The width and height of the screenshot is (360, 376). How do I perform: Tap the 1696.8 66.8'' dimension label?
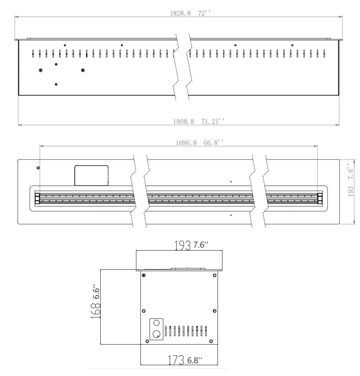pyautogui.click(x=198, y=143)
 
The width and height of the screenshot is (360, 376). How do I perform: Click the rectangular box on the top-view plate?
pyautogui.click(x=91, y=175)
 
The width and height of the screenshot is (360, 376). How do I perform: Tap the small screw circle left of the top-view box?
pyautogui.click(x=38, y=168)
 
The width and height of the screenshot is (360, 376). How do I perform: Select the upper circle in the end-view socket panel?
pyautogui.click(x=156, y=323)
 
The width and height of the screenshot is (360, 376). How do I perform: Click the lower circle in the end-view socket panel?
pyautogui.click(x=156, y=333)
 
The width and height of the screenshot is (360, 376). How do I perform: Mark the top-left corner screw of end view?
pyautogui.click(x=144, y=275)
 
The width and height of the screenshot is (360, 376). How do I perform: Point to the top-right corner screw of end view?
pyautogui.click(x=215, y=275)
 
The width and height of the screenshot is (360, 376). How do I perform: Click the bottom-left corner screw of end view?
pyautogui.click(x=148, y=341)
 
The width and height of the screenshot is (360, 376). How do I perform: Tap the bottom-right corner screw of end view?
pyautogui.click(x=211, y=341)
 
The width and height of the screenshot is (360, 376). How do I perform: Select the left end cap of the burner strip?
pyautogui.click(x=37, y=198)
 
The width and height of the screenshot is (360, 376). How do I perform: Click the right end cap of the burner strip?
pyautogui.click(x=320, y=198)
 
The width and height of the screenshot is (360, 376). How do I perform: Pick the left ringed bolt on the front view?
pyautogui.click(x=41, y=70)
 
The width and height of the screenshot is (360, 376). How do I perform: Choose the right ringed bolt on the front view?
pyautogui.click(x=83, y=70)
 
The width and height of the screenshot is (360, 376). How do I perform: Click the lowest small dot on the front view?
pyautogui.click(x=56, y=84)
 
